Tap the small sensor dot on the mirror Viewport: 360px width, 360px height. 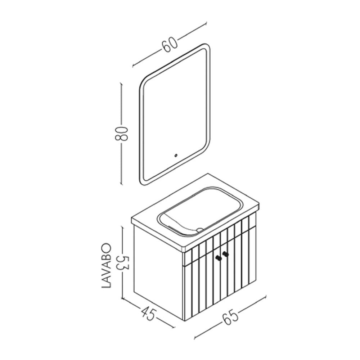pos(176,156)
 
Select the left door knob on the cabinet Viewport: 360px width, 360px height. pos(218,258)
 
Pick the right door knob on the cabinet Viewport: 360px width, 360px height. pos(225,254)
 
